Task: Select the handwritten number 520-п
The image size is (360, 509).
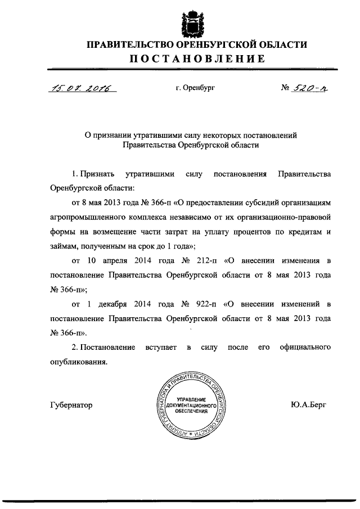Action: pos(313,88)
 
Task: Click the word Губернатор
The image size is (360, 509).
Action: pos(71,405)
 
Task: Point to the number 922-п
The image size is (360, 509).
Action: pos(202,305)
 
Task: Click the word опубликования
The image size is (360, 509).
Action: pos(78,363)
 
